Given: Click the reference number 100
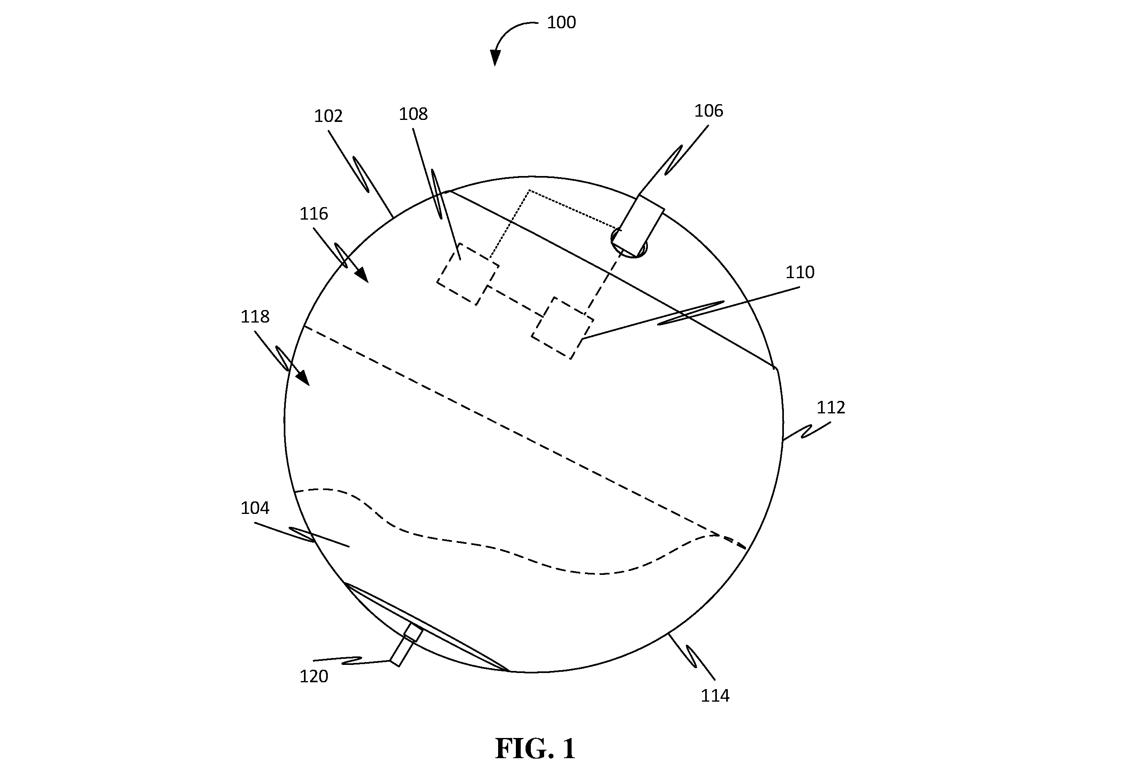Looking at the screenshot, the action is [x=561, y=23].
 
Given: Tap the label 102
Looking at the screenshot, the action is [x=328, y=116].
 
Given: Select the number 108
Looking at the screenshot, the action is [x=413, y=114].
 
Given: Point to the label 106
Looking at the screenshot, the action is [x=708, y=111].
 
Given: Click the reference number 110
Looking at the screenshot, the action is [x=800, y=273].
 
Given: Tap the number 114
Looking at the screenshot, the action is [x=715, y=696].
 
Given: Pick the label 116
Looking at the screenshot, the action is [x=314, y=214].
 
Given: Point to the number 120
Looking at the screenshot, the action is [x=314, y=677].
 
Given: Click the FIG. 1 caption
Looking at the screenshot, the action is [x=535, y=748].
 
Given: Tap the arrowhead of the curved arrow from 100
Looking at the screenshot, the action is [x=495, y=58].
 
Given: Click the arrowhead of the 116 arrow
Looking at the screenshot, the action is [x=362, y=275].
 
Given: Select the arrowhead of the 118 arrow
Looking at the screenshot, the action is [x=303, y=378].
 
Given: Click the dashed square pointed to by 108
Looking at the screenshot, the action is [x=468, y=274].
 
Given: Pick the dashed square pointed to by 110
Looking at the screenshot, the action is [x=563, y=328].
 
